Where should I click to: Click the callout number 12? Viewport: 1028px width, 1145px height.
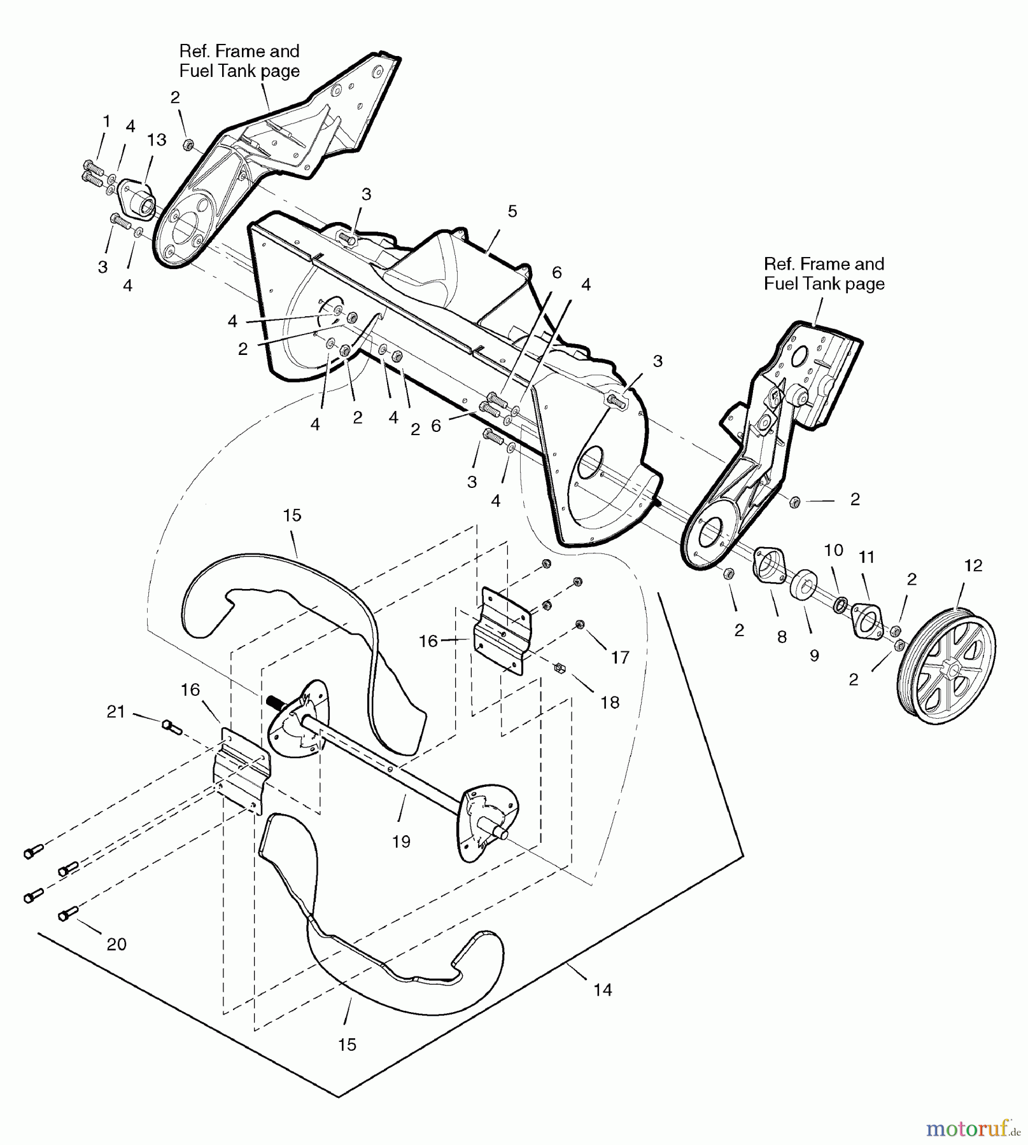pyautogui.click(x=973, y=565)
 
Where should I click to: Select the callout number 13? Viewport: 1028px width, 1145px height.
pyautogui.click(x=157, y=139)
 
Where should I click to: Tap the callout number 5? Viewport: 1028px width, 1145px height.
pyautogui.click(x=512, y=211)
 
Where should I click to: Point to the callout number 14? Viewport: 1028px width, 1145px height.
pyautogui.click(x=602, y=990)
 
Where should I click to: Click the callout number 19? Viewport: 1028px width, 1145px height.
pyautogui.click(x=401, y=842)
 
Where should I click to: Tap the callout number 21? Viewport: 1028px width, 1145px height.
pyautogui.click(x=116, y=712)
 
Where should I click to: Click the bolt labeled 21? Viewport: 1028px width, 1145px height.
pyautogui.click(x=172, y=726)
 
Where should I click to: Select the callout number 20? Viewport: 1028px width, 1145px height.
pyautogui.click(x=116, y=945)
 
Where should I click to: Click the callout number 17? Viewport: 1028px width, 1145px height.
pyautogui.click(x=619, y=657)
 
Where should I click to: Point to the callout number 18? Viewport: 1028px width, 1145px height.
pyautogui.click(x=609, y=702)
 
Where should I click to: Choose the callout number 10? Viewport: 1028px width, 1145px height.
pyautogui.click(x=834, y=550)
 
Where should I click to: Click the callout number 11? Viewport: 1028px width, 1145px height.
pyautogui.click(x=866, y=557)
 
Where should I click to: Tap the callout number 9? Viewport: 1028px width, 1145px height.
pyautogui.click(x=814, y=656)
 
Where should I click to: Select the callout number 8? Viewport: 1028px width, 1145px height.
pyautogui.click(x=782, y=637)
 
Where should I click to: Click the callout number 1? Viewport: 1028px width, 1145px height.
pyautogui.click(x=106, y=121)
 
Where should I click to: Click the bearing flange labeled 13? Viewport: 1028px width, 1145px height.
pyautogui.click(x=136, y=199)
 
